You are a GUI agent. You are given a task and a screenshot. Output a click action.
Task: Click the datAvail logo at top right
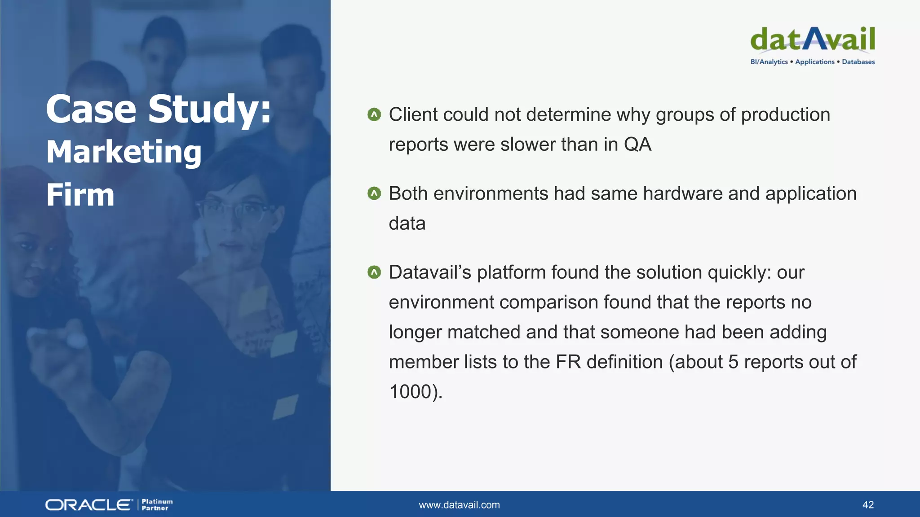(x=812, y=39)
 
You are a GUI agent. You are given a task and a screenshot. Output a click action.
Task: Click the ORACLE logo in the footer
(x=88, y=505)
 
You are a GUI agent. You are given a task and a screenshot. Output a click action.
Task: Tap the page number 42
(x=868, y=505)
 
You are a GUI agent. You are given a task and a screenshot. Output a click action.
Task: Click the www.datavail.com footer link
(x=459, y=505)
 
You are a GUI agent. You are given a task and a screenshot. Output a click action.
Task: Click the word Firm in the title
(x=80, y=195)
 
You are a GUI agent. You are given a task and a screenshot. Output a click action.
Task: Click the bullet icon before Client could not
(x=374, y=115)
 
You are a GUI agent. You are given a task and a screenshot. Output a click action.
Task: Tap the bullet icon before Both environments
(x=374, y=194)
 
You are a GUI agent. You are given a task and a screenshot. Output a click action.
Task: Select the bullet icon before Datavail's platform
(x=374, y=272)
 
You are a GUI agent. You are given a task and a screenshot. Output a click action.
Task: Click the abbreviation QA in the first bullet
(x=637, y=145)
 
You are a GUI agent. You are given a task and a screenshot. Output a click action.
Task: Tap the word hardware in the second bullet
(x=682, y=194)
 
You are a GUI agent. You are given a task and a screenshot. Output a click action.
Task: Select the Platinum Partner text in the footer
(x=157, y=505)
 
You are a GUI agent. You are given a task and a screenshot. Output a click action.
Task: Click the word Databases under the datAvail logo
(x=858, y=62)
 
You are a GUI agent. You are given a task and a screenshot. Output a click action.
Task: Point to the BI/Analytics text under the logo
(x=769, y=62)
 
